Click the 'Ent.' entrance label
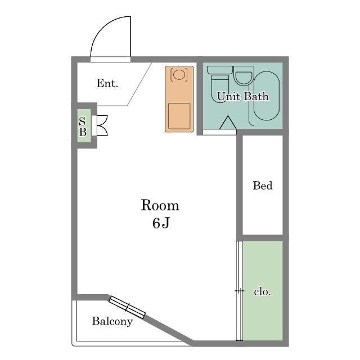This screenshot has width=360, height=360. click(107, 83)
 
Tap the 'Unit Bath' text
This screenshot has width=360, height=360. click(242, 96)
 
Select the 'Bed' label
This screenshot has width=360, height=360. click(263, 186)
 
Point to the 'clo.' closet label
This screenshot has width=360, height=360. click(263, 292)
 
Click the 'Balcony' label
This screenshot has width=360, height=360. click(112, 321)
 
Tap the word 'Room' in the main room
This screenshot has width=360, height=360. click(160, 205)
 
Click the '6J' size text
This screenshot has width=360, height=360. click(161, 223)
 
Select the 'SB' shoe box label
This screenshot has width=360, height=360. click(83, 126)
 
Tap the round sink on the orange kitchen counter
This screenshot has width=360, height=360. click(179, 75)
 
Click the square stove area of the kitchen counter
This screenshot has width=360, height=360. click(179, 116)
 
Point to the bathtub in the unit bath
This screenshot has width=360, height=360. click(266, 96)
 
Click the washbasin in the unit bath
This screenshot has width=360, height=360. click(244, 76)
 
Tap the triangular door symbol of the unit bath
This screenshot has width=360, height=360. click(228, 123)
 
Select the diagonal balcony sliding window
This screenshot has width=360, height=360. click(127, 307)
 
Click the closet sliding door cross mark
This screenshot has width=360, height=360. click(240, 291)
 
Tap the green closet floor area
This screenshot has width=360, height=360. click(263, 290)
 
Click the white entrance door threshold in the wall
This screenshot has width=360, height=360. click(110, 60)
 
